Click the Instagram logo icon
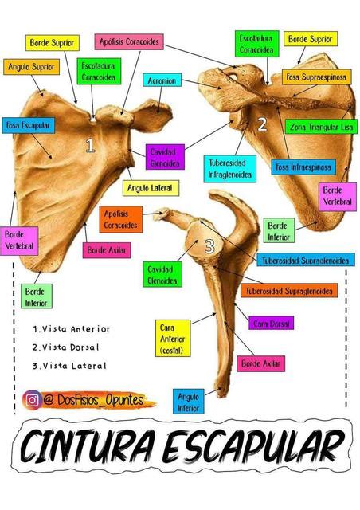pyautogui.click(x=32, y=400)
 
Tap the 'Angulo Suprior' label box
pyautogui.click(x=32, y=67)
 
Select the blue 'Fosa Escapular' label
pyautogui.click(x=29, y=125)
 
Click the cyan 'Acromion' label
pyautogui.click(x=162, y=80)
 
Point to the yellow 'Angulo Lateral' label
pyautogui.click(x=151, y=188)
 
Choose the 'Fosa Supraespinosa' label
pyautogui.click(x=316, y=77)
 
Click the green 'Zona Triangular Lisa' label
pyautogui.click(x=321, y=127)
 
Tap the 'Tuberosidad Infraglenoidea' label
pyautogui.click(x=230, y=168)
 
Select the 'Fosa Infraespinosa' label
pyautogui.click(x=303, y=167)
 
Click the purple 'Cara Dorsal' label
pyautogui.click(x=272, y=323)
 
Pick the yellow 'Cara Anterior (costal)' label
pyautogui.click(x=173, y=339)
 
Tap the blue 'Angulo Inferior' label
pyautogui.click(x=188, y=402)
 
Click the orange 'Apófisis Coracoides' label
pyautogui.click(x=121, y=219)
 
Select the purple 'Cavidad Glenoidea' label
pyautogui.click(x=165, y=157)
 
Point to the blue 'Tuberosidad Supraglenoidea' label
pyautogui.click(x=306, y=260)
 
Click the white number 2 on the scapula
pyautogui.click(x=262, y=124)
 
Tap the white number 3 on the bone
pyautogui.click(x=210, y=246)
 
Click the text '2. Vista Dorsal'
pyautogui.click(x=65, y=347)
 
